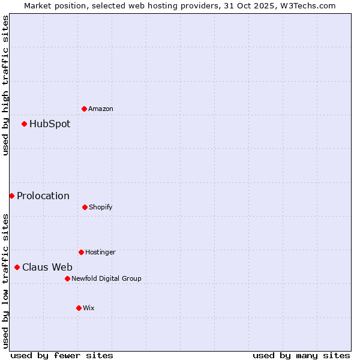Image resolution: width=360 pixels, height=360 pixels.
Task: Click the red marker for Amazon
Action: [84, 109]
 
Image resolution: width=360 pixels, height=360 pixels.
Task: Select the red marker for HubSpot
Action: [24, 124]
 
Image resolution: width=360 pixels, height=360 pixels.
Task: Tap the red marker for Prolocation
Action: [11, 196]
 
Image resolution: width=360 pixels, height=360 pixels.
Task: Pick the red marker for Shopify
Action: [85, 207]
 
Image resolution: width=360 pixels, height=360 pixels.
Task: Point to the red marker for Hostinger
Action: [81, 252]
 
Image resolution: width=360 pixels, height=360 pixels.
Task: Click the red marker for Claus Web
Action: [17, 267]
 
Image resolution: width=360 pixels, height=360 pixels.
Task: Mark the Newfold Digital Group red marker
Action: [67, 278]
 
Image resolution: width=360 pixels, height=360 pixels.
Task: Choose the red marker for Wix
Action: [79, 308]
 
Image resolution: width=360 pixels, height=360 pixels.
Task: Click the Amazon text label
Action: [101, 109]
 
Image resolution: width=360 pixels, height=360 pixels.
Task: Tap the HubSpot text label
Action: [50, 124]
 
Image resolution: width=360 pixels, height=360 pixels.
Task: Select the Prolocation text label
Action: [43, 196]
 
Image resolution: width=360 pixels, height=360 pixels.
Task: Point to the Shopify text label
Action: [101, 207]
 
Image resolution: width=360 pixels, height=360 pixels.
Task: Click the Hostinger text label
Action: [100, 252]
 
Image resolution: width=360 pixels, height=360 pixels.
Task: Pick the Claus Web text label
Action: [47, 267]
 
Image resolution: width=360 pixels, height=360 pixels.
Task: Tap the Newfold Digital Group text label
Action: [106, 278]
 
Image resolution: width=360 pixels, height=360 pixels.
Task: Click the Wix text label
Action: [89, 308]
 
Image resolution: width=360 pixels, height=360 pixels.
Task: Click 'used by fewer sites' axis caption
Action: [62, 355]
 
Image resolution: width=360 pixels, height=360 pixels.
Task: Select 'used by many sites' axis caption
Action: [301, 355]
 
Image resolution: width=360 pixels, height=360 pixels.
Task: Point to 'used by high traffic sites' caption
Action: [5, 85]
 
